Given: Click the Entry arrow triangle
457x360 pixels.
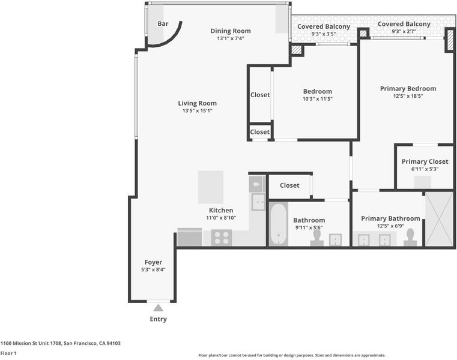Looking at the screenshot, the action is point(159,308).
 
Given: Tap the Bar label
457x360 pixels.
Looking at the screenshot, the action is point(163,23).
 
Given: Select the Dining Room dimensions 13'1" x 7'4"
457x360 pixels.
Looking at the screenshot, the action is point(231,38).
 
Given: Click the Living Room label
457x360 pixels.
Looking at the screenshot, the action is point(198,103).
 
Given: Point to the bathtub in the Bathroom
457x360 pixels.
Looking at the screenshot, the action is point(279,224).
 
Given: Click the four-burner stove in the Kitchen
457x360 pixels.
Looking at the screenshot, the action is point(222,238).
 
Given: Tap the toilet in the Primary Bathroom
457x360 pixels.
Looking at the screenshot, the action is point(410,237).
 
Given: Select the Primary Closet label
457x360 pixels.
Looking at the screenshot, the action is point(425,161).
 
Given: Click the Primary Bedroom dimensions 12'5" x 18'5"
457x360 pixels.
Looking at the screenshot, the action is point(408,96).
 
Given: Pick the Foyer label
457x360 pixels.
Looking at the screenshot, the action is point(153,262).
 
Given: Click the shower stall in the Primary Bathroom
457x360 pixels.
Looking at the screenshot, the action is point(439,219).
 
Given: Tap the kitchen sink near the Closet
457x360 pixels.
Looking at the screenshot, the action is point(258,202).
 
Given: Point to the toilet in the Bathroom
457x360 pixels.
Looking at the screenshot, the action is point(317,238).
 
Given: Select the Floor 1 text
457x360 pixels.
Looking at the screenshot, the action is point(8,353).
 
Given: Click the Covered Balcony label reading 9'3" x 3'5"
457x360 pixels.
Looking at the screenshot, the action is point(324,26).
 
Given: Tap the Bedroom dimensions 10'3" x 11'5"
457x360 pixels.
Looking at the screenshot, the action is point(318,99).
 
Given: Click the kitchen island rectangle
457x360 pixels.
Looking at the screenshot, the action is point(211,187).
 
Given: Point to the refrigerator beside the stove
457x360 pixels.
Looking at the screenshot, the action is point(190,237).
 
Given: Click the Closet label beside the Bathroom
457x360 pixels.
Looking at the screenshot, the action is point(289,185).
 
